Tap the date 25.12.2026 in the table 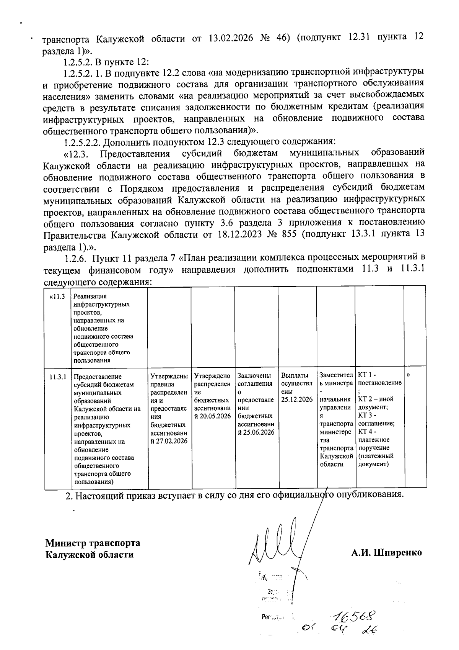tap(297, 399)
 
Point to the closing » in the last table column tap(409, 375)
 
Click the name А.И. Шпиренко tap(387, 553)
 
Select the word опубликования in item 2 tap(369, 494)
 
